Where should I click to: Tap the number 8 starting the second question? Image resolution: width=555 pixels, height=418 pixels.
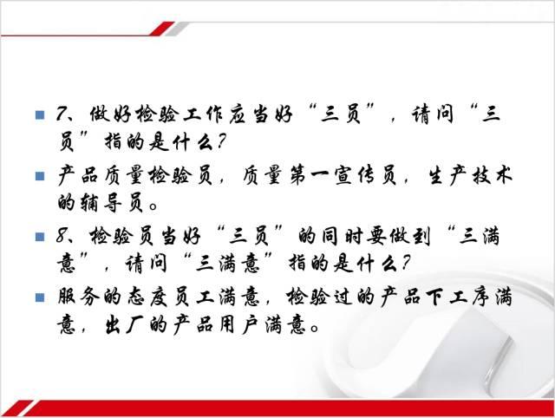click(x=62, y=235)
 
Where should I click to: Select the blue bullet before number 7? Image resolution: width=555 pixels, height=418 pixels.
click(x=40, y=114)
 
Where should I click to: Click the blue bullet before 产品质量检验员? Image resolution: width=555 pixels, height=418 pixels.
click(x=40, y=176)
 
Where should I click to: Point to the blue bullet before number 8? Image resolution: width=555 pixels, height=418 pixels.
click(x=40, y=237)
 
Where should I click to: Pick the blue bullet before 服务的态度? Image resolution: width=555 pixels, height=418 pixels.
click(x=40, y=297)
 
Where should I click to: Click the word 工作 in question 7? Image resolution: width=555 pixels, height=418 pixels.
click(x=203, y=114)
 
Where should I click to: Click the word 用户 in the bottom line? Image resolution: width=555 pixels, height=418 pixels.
click(x=238, y=324)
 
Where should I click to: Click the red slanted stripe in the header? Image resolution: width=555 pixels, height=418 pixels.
click(x=162, y=29)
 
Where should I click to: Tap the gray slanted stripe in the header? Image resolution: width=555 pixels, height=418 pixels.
click(x=177, y=29)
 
